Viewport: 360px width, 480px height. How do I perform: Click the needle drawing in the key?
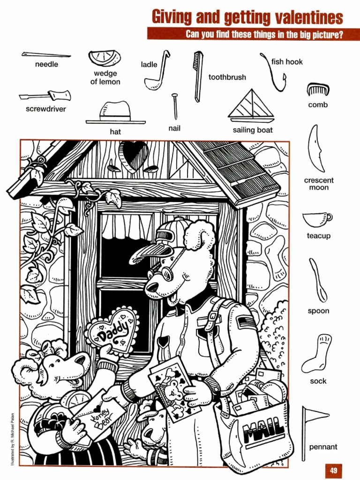46,55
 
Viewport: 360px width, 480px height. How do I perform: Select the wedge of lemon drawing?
105,58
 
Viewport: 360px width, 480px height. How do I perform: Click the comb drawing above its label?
318,89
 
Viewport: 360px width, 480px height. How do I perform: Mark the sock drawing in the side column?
318,353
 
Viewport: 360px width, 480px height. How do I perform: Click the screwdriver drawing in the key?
45,96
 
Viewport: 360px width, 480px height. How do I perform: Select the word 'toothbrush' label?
227,77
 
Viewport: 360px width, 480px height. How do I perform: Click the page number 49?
334,471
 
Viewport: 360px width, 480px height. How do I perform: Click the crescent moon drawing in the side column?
316,148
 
